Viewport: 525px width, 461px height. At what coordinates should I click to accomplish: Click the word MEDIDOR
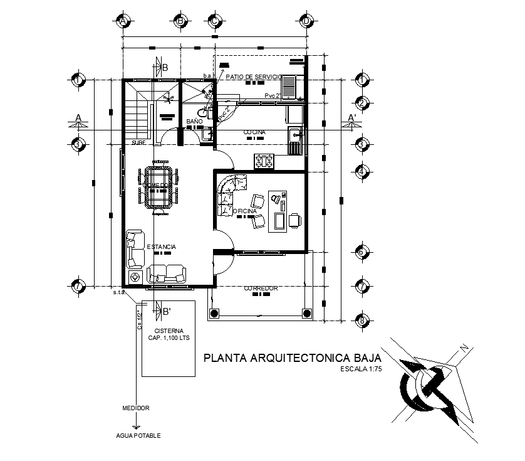(136, 408)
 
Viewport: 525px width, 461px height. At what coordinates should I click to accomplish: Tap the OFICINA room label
(245, 211)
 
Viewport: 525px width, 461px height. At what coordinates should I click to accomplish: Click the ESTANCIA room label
(161, 247)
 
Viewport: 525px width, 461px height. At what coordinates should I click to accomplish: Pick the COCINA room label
(254, 132)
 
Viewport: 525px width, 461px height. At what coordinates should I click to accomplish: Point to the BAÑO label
(194, 120)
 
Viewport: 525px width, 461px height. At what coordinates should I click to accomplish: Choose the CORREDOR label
(261, 289)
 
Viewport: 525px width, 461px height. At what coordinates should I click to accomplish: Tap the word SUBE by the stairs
(139, 143)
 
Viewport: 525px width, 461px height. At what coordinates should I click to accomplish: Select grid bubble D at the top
(306, 21)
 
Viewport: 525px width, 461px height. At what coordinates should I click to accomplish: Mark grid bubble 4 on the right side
(361, 171)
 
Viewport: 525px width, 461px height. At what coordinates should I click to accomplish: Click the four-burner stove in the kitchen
(264, 161)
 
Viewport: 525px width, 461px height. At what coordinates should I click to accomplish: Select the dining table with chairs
(157, 187)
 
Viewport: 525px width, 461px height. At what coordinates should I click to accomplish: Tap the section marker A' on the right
(352, 117)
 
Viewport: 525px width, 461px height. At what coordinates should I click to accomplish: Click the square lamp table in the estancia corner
(135, 277)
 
